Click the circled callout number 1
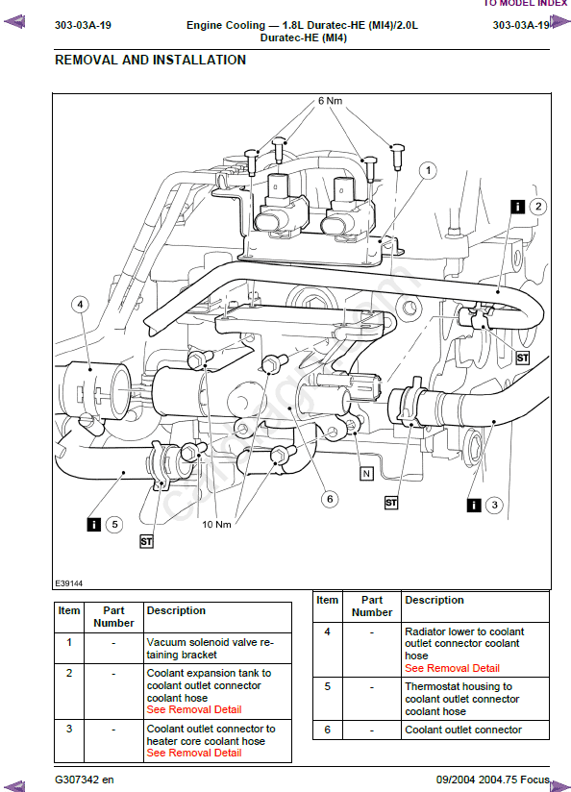point(428,171)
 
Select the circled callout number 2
point(538,206)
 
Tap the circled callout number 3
point(494,505)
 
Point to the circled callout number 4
point(80,305)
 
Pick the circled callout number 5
point(114,524)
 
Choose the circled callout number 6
point(330,500)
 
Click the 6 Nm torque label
point(330,101)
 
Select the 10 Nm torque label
point(217,524)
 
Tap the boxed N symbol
point(366,474)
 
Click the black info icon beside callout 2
point(517,207)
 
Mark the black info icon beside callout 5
point(94,524)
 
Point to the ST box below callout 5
point(146,542)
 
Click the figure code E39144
point(68,583)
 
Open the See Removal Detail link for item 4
point(452,668)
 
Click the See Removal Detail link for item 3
point(194,753)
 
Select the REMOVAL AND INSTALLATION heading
point(150,61)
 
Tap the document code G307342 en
point(85,780)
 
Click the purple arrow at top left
point(14,22)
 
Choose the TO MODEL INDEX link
point(526,3)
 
